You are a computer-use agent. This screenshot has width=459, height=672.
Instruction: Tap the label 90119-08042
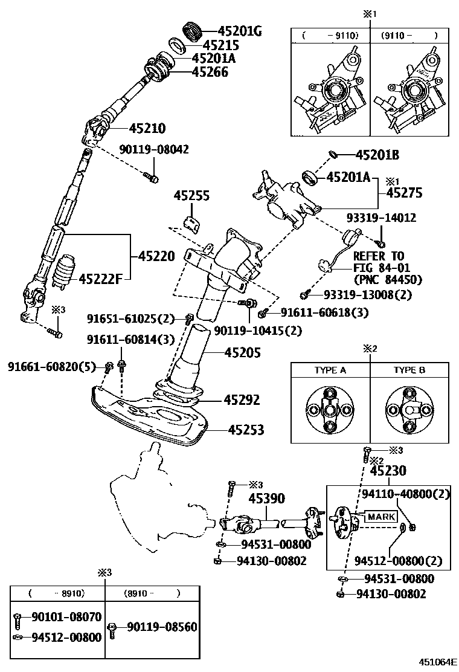point(153,149)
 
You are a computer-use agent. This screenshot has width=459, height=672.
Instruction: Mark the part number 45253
point(246,430)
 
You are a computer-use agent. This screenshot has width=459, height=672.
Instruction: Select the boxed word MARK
point(382,517)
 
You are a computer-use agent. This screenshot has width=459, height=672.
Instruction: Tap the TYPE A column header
point(330,370)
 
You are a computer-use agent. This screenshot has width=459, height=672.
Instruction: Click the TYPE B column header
point(409,370)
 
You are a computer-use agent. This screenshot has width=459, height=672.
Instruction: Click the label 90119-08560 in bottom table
point(161,627)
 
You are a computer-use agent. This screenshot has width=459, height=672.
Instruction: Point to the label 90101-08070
point(66,617)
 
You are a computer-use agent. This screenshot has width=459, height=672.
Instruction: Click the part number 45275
point(404,193)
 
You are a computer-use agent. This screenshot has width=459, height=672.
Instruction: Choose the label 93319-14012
point(390,218)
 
